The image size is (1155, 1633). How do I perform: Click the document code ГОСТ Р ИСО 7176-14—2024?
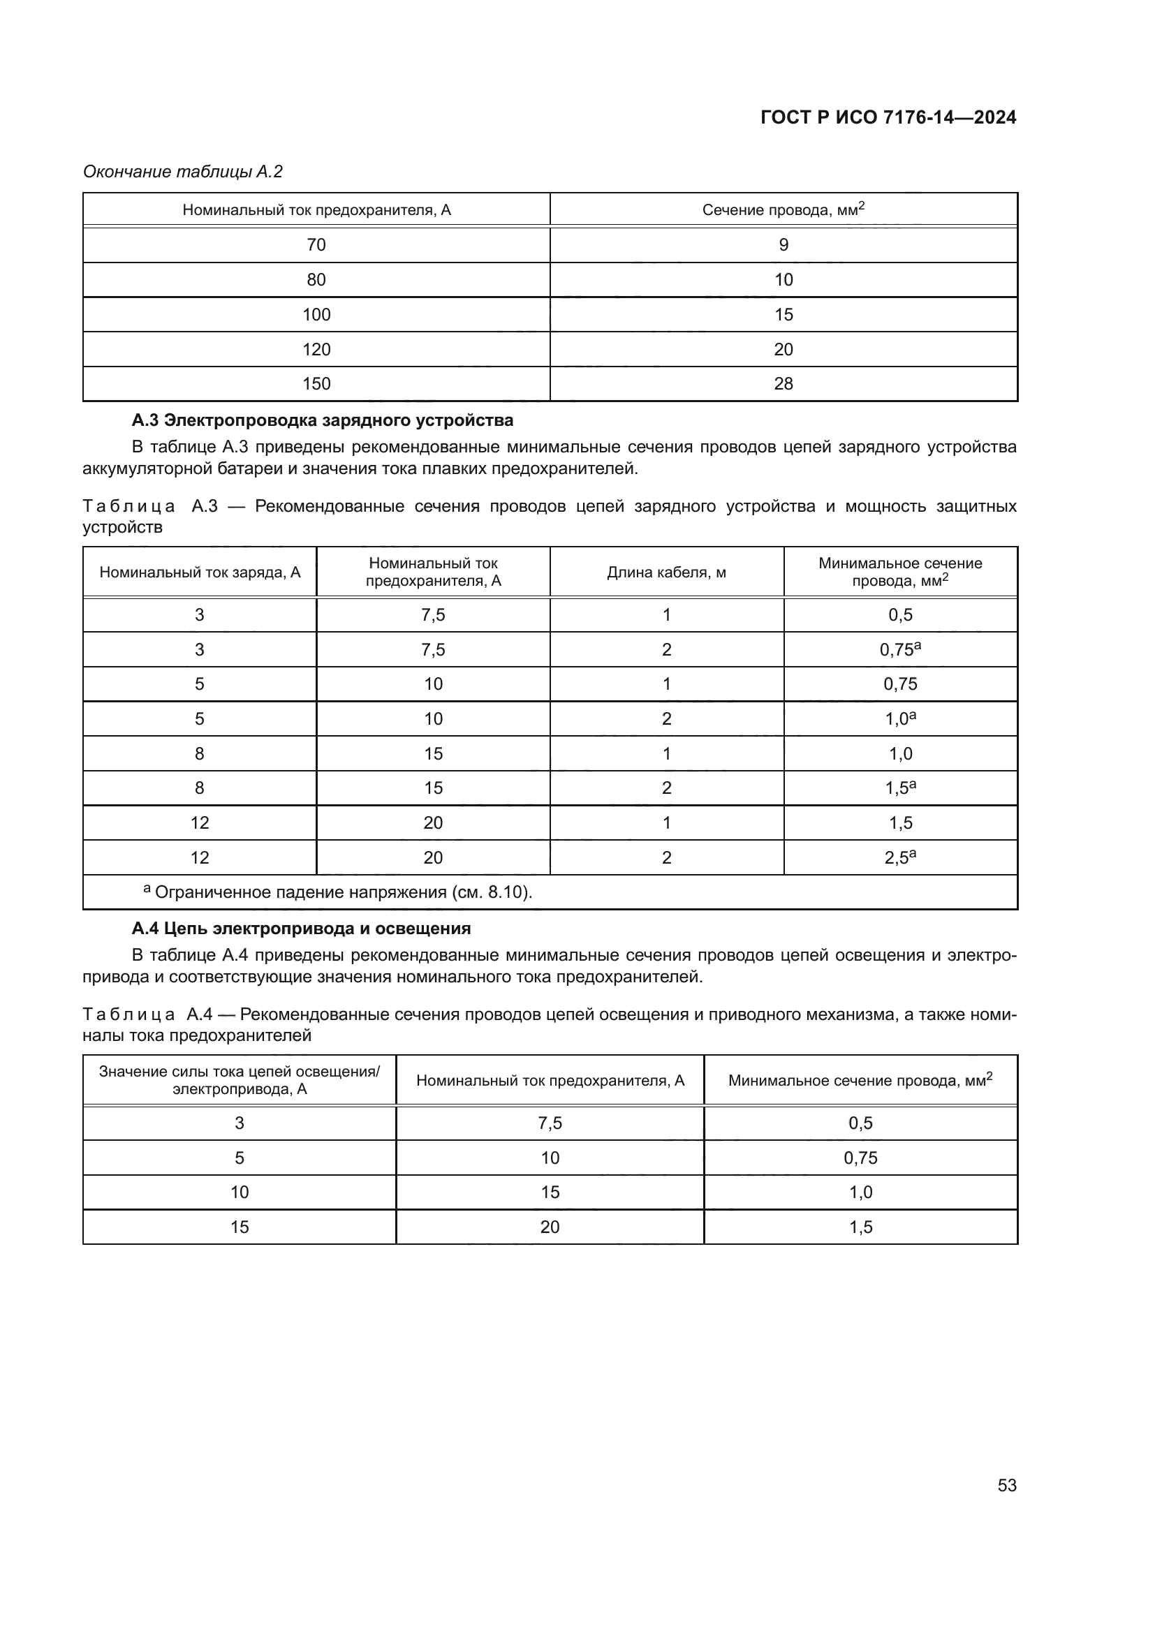(x=888, y=117)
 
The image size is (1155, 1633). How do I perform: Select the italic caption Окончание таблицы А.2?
(x=183, y=172)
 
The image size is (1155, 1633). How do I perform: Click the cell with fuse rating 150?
(x=316, y=384)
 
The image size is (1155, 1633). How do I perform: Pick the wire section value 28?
(x=783, y=384)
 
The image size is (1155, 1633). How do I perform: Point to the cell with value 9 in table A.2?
(x=783, y=245)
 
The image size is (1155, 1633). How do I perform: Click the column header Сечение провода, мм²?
(x=783, y=210)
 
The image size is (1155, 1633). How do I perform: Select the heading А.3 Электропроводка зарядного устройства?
(x=322, y=420)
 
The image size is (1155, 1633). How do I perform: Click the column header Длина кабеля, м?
(x=666, y=572)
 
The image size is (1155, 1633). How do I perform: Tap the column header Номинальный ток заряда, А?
(x=200, y=572)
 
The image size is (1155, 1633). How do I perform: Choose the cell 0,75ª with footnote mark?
(x=899, y=649)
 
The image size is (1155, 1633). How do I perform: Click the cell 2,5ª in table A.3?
(x=899, y=858)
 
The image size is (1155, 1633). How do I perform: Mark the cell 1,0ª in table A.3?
(x=899, y=719)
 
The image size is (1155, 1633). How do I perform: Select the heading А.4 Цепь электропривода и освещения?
(x=301, y=928)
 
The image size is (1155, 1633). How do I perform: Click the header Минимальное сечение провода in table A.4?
(x=860, y=1080)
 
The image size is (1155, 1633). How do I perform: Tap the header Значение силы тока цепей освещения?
(x=239, y=1080)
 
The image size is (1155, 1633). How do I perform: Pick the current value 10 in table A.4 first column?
(x=239, y=1192)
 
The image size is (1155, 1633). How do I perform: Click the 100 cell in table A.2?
(x=316, y=314)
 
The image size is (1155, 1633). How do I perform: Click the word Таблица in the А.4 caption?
(x=128, y=1014)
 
